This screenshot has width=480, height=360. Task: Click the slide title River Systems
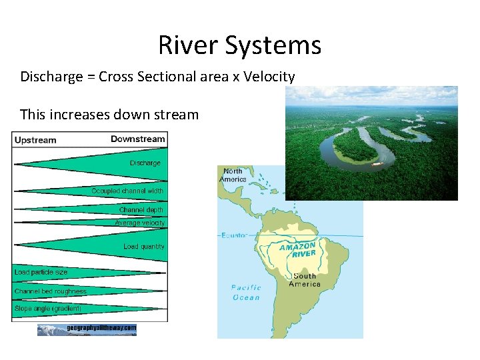pos(240,45)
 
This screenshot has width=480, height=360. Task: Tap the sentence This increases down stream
pos(109,114)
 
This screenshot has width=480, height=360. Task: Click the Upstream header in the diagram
pos(35,140)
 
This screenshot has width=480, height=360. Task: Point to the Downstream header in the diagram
pos(137,139)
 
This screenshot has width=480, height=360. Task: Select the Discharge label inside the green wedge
pos(145,163)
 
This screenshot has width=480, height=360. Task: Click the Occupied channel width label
pos(127,191)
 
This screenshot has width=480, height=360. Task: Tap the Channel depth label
pos(141,209)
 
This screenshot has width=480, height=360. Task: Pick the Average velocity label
pos(139,223)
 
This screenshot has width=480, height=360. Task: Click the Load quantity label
pos(143,247)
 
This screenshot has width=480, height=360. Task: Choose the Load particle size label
pos(41,272)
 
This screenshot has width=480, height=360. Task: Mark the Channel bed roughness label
pos(51,291)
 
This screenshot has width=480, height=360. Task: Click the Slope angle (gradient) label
pos(48,308)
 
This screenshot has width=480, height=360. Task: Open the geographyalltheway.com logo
pos(87,329)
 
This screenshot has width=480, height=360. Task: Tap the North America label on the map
pos(234,175)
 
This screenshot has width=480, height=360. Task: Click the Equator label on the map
pos(234,235)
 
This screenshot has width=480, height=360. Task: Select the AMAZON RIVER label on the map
pos(297,250)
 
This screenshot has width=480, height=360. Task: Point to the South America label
pos(305,280)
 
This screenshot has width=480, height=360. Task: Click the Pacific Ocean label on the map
pos(246,293)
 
